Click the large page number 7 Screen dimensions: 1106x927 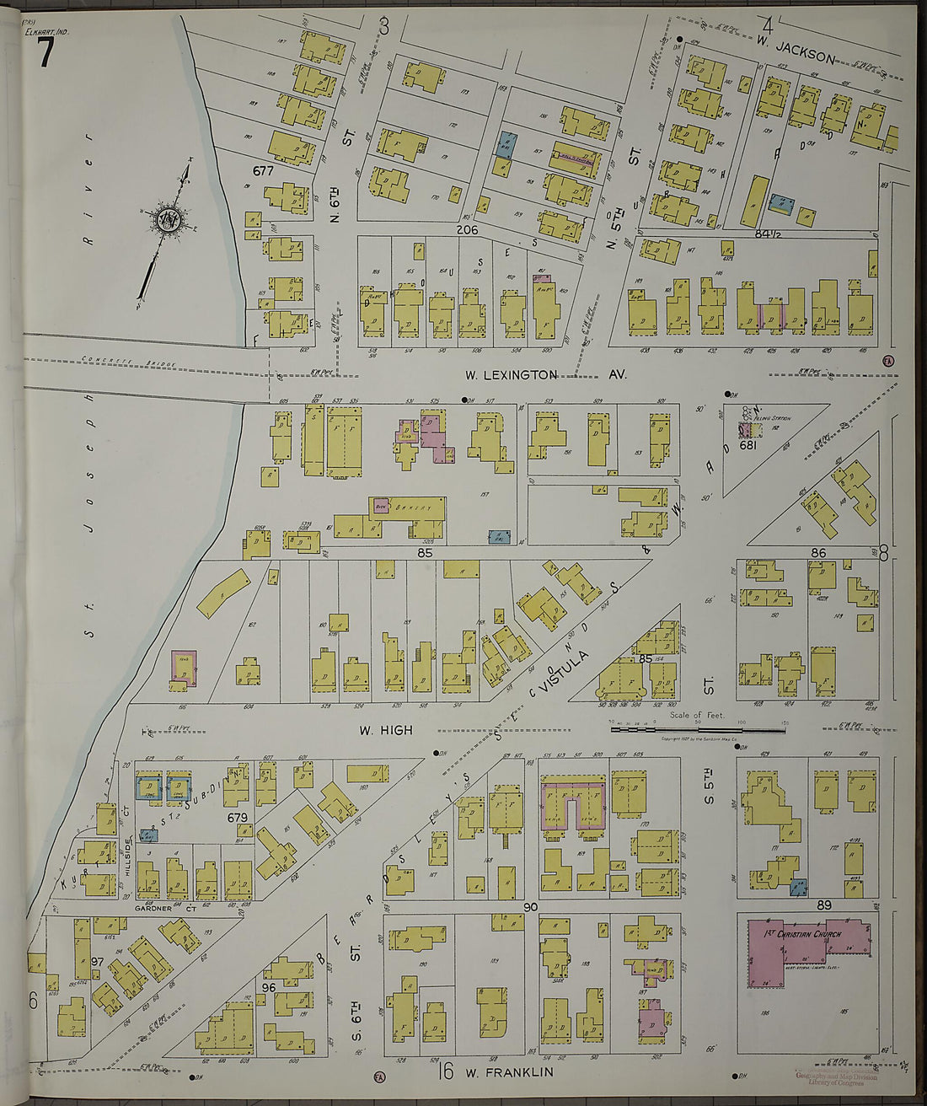(44, 54)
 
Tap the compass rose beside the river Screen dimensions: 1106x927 (167, 221)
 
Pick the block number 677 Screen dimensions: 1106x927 (263, 170)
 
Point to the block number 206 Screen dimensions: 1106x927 (469, 228)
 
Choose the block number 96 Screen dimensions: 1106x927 (270, 986)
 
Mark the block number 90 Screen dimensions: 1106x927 (530, 907)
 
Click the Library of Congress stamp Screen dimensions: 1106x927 (836, 1079)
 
